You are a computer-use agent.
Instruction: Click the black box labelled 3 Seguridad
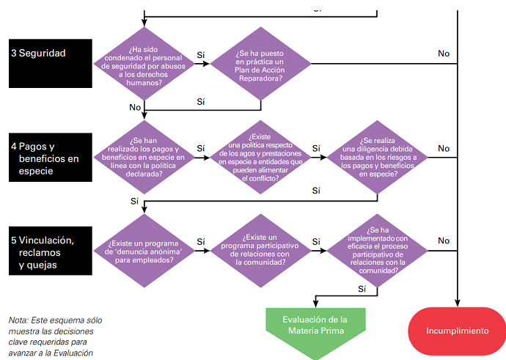pyautogui.click(x=51, y=63)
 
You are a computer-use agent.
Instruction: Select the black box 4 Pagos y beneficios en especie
pyautogui.click(x=51, y=157)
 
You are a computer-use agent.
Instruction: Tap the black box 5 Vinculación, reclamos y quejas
pyautogui.click(x=51, y=251)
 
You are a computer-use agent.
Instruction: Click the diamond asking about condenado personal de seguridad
pyautogui.click(x=144, y=64)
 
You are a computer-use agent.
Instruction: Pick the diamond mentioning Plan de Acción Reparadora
pyautogui.click(x=261, y=64)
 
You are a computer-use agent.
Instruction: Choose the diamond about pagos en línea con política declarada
pyautogui.click(x=144, y=157)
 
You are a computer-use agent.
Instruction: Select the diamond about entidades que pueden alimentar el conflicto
pyautogui.click(x=261, y=157)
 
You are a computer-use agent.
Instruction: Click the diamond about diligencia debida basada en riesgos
pyautogui.click(x=377, y=157)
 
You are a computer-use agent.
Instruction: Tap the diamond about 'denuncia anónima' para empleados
pyautogui.click(x=144, y=251)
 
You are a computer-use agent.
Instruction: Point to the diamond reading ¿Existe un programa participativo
pyautogui.click(x=261, y=251)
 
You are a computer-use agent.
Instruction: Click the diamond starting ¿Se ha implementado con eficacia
pyautogui.click(x=377, y=251)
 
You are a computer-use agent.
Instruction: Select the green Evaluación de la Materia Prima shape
pyautogui.click(x=315, y=329)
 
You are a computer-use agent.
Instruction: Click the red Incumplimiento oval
pyautogui.click(x=458, y=331)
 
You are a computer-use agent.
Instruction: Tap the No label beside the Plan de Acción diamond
pyautogui.click(x=444, y=54)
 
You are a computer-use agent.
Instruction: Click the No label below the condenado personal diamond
pyautogui.click(x=135, y=107)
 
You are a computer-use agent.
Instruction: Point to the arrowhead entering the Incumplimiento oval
pyautogui.click(x=458, y=304)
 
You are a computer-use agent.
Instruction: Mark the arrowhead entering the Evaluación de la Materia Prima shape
pyautogui.click(x=315, y=304)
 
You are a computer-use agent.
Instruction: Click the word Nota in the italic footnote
pyautogui.click(x=19, y=320)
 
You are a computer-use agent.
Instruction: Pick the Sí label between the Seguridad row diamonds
pyautogui.click(x=201, y=55)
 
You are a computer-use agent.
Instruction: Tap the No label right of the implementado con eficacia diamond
pyautogui.click(x=444, y=240)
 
